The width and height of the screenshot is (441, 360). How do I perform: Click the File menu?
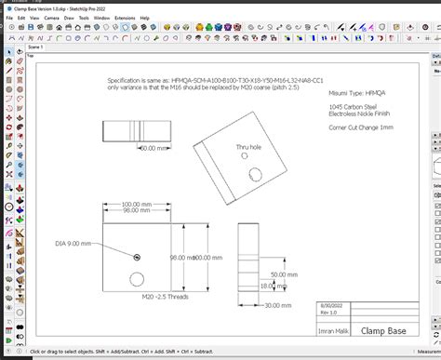(x=9, y=18)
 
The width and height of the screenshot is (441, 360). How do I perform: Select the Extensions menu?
(x=124, y=18)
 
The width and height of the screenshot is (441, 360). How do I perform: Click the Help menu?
(x=145, y=18)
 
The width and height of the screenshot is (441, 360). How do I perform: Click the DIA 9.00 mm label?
(x=74, y=243)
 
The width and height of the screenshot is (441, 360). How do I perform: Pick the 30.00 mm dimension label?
(x=277, y=304)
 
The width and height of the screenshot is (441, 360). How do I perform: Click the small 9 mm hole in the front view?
(x=137, y=257)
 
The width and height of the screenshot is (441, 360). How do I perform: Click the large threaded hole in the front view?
(x=137, y=278)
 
